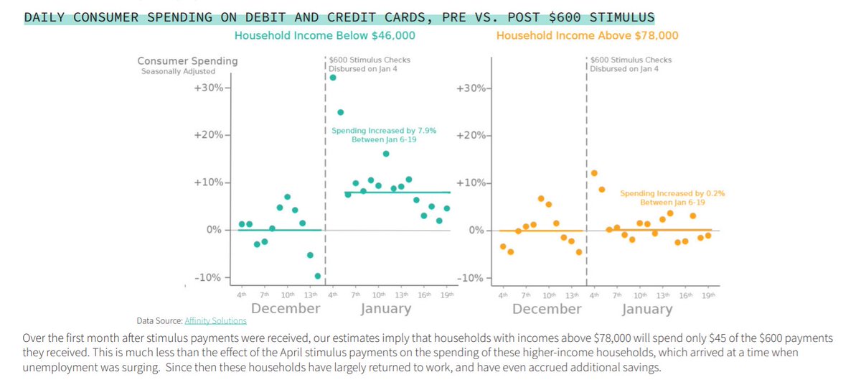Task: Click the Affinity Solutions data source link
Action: [215, 320]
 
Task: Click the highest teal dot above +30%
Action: [333, 78]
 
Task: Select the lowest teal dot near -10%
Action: [318, 276]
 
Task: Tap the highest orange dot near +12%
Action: [594, 173]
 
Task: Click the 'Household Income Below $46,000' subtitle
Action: [325, 35]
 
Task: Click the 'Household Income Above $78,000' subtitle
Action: [587, 35]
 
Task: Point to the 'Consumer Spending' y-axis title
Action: [188, 61]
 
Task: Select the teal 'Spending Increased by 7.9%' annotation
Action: [383, 135]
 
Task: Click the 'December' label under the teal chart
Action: [286, 309]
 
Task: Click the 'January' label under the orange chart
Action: [646, 310]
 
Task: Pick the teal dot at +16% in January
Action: [386, 154]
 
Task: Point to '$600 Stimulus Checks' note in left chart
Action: [370, 60]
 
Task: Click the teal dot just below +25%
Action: [341, 112]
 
